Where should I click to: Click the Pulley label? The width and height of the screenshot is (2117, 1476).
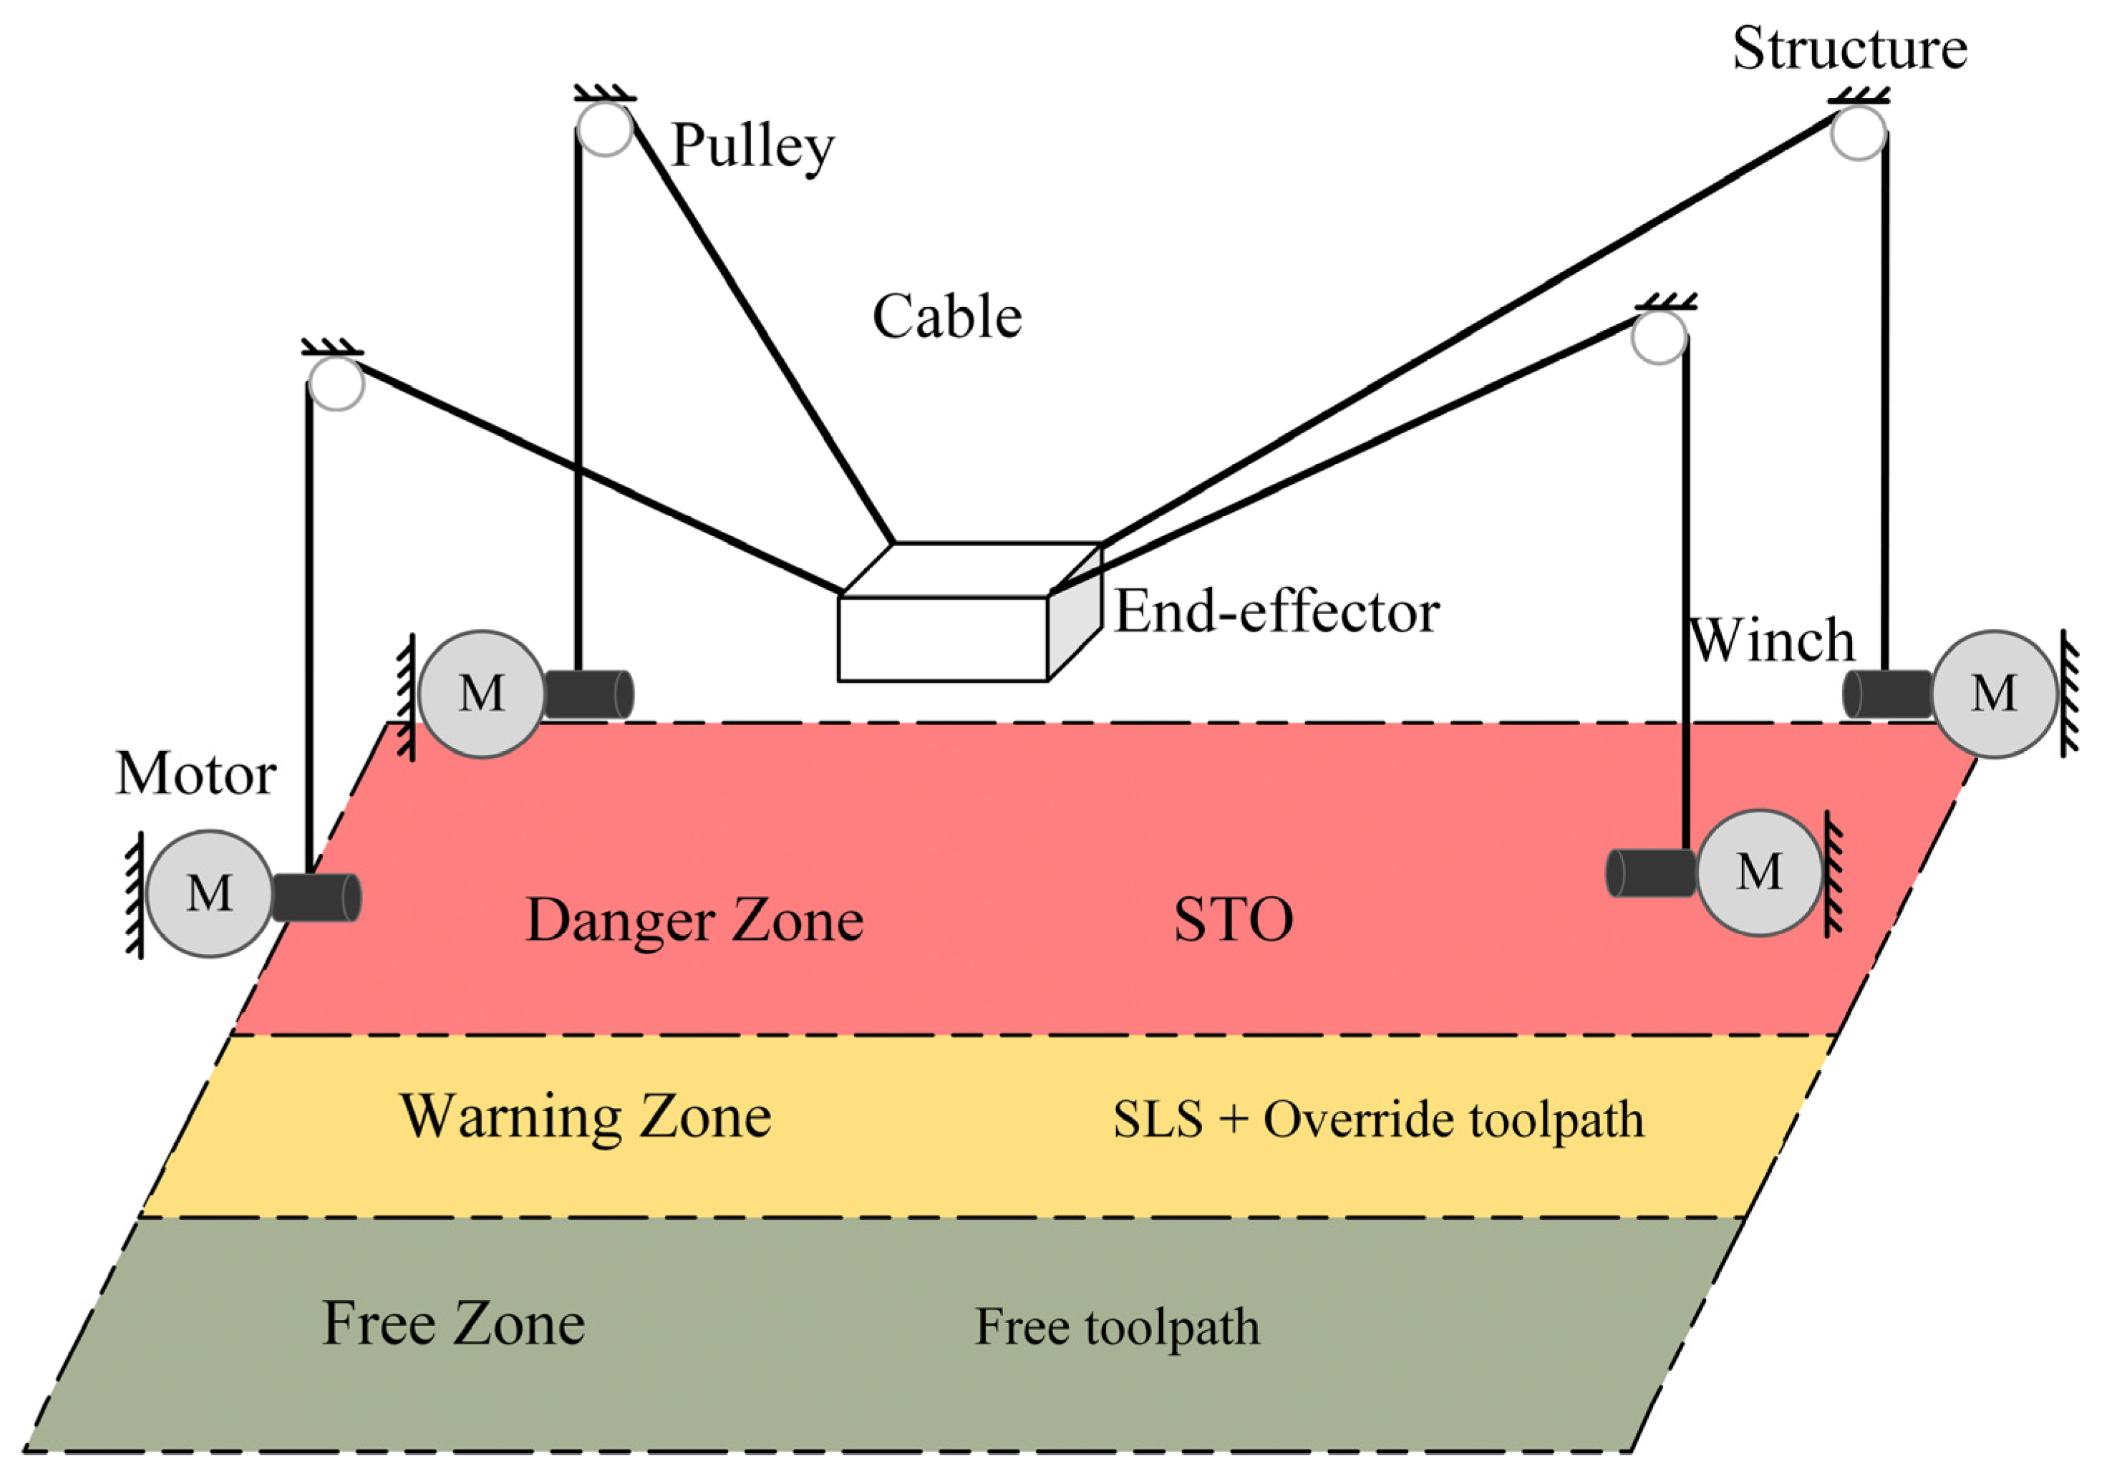click(752, 145)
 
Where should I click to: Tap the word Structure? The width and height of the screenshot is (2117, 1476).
click(1849, 48)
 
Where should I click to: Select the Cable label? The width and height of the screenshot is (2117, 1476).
click(947, 317)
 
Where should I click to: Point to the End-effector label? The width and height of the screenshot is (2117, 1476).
click(1277, 611)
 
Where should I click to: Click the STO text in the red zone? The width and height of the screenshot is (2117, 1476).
click(1233, 919)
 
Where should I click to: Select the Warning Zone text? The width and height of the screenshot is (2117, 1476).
click(586, 1117)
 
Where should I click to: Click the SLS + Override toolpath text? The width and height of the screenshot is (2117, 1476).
click(1378, 1120)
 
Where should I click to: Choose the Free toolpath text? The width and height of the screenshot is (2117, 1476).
click(1117, 1326)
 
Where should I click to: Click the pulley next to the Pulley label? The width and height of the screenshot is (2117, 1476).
click(605, 128)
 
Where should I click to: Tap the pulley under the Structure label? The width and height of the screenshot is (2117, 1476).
click(1858, 134)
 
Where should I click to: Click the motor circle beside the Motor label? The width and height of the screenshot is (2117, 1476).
click(209, 893)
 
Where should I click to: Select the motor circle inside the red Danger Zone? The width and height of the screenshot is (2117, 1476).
click(1759, 872)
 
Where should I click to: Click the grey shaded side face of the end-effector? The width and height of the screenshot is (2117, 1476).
click(1075, 612)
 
